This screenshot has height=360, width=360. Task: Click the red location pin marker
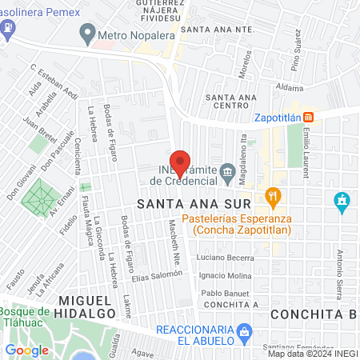click(x=181, y=162)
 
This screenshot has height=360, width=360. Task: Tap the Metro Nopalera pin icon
click(x=87, y=33)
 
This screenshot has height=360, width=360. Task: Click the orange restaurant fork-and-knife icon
click(x=273, y=196)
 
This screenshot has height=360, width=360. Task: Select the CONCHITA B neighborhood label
click(x=314, y=314)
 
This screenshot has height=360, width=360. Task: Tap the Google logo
click(x=26, y=350)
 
